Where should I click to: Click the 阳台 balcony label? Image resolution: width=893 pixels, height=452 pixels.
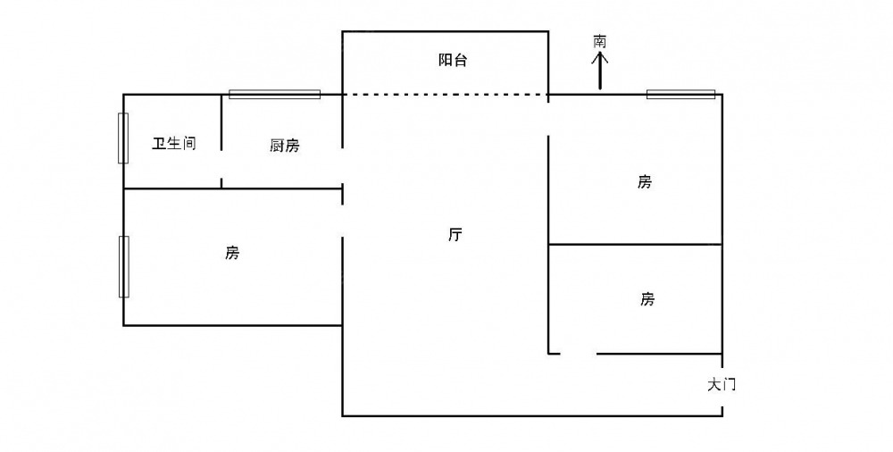(x=453, y=61)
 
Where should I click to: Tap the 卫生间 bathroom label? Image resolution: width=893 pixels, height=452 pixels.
(x=173, y=144)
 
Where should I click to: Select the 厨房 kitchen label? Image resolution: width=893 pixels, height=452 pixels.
(x=284, y=146)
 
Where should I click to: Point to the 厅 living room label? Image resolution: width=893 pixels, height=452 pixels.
(x=455, y=236)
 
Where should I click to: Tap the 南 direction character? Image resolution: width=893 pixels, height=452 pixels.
(x=600, y=41)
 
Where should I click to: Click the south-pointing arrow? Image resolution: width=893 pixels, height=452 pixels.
(x=600, y=71)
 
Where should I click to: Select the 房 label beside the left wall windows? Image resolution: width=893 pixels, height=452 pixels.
(x=232, y=253)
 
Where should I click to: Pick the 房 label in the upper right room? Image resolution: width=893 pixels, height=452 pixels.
(x=645, y=182)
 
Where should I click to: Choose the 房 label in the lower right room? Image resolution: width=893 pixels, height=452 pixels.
(x=647, y=299)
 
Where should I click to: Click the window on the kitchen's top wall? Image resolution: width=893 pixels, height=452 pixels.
(x=274, y=94)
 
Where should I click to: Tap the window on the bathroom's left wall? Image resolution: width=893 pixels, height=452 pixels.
(x=123, y=138)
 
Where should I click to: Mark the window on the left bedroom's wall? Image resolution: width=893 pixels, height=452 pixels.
(x=123, y=266)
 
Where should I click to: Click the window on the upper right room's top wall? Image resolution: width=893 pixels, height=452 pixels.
(x=680, y=94)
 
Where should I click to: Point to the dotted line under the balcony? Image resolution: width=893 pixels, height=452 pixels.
(x=445, y=95)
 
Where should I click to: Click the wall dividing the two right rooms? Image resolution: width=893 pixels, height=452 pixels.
(x=635, y=244)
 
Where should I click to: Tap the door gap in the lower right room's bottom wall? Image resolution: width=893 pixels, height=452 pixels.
(x=578, y=354)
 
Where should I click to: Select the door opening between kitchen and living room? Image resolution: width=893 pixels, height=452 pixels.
(x=342, y=167)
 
